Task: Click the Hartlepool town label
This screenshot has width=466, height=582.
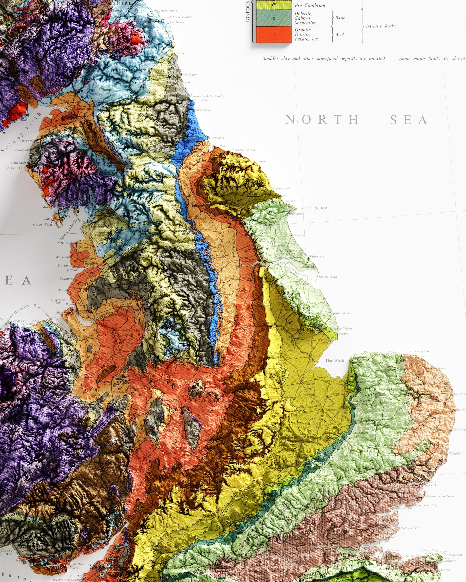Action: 216,138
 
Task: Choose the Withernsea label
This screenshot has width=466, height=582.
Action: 317,256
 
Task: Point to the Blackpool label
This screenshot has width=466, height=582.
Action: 63,257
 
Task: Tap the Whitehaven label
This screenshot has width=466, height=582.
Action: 18,163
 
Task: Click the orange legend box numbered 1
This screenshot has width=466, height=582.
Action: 274,35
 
